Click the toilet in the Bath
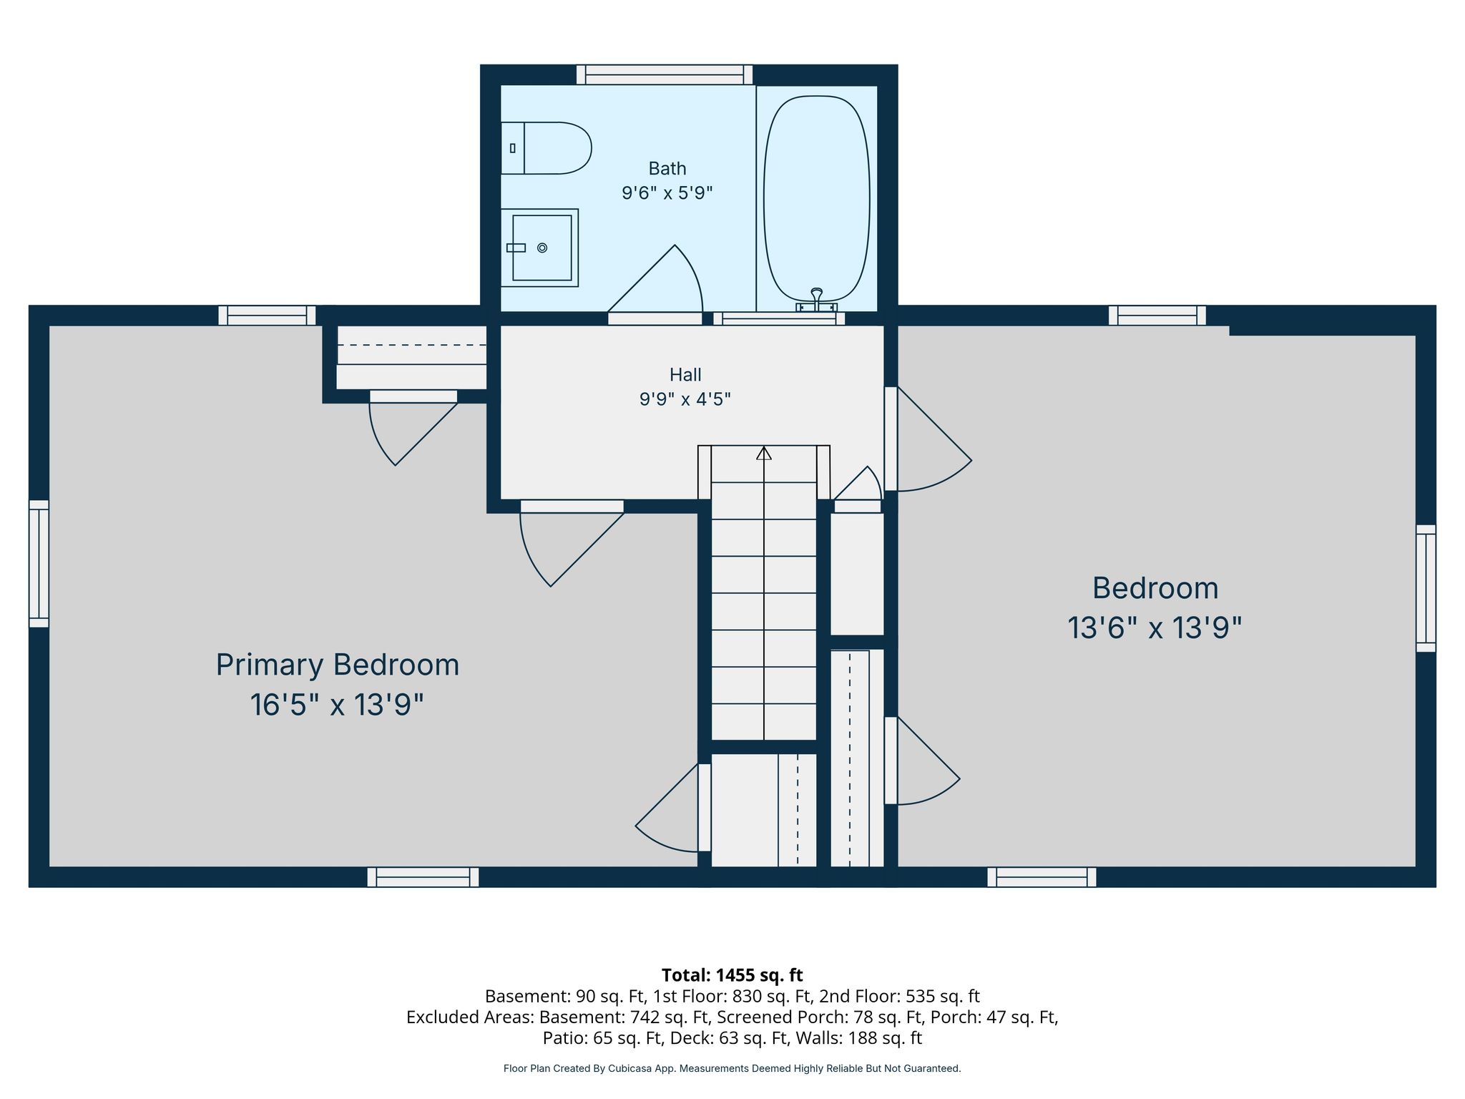pos(546,148)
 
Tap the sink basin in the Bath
pos(542,248)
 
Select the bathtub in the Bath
pos(817,198)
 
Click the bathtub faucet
pos(817,300)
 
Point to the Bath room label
pos(667,169)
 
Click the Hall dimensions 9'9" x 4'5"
pos(685,399)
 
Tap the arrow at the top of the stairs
pos(764,453)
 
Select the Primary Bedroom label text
pos(338,665)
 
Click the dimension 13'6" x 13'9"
pos(1155,628)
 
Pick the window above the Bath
pos(665,74)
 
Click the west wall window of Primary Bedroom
pos(39,564)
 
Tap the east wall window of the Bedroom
pos(1426,588)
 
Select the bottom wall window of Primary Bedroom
pos(423,877)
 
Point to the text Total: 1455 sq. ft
pos(732,975)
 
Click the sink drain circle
pos(542,248)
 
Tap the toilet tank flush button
pos(512,148)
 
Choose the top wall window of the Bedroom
pos(1157,316)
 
